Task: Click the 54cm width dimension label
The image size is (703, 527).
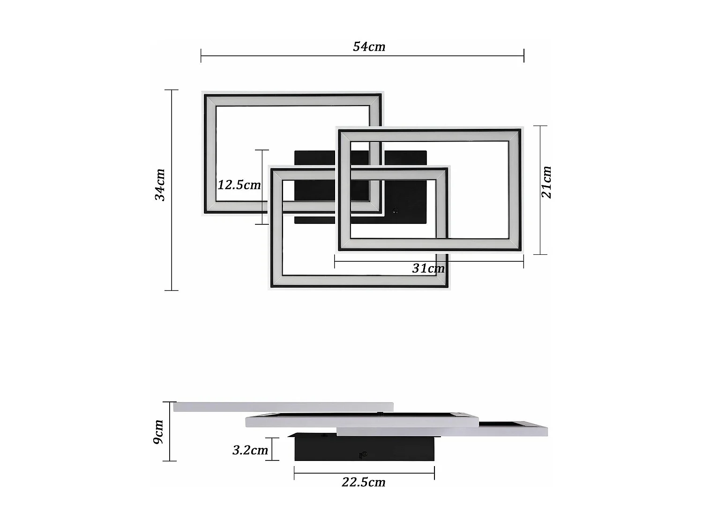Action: point(369,46)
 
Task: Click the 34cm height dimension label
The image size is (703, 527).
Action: point(160,185)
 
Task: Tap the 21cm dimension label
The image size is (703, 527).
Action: point(546,182)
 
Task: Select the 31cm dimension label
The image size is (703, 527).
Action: point(428,268)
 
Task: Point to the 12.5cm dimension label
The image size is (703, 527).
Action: point(239,185)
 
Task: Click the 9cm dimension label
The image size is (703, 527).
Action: point(159,432)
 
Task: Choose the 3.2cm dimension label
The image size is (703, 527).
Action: point(250,450)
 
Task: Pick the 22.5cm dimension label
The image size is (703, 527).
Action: point(363,482)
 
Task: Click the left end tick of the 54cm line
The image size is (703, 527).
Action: point(201,56)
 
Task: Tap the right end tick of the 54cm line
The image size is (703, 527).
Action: point(524,56)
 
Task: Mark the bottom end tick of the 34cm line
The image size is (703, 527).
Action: point(172,290)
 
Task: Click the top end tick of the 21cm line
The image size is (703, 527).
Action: point(540,126)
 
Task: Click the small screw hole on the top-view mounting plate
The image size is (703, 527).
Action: point(395,211)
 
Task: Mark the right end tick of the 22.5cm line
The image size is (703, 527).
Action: point(434,473)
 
